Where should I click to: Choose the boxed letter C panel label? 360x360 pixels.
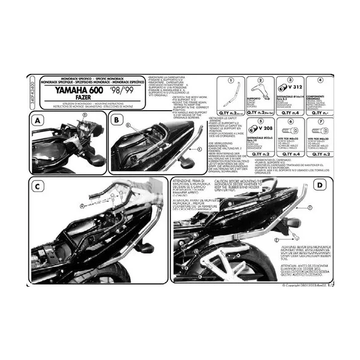[x=38, y=187]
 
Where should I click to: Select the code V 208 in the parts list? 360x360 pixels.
[x=257, y=129]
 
